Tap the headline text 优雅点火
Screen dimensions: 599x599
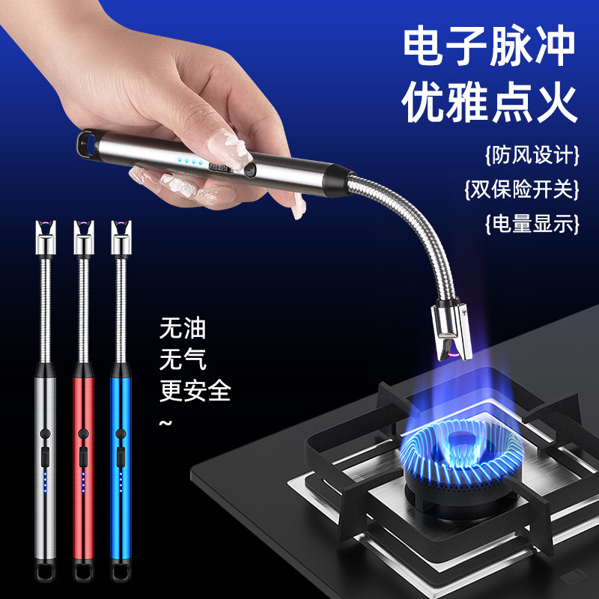(x=490, y=105)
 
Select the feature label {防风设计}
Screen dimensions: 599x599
(x=532, y=156)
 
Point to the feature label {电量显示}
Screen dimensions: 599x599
(x=532, y=223)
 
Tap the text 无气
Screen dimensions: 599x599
(x=183, y=361)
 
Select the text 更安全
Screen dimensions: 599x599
(x=195, y=391)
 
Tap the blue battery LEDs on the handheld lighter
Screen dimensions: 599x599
(x=191, y=160)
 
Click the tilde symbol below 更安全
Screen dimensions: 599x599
(x=166, y=424)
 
